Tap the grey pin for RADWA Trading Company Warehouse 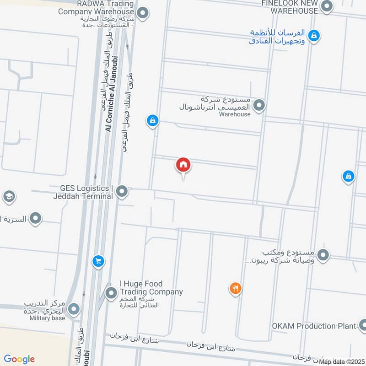pyautogui.click(x=143, y=13)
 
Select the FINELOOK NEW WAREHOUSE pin pyautogui.click(x=327, y=6)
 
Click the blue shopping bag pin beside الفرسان pyautogui.click(x=314, y=35)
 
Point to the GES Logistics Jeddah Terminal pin pyautogui.click(x=122, y=191)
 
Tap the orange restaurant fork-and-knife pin pyautogui.click(x=235, y=288)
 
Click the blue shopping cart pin pyautogui.click(x=98, y=261)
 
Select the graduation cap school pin pyautogui.click(x=9, y=197)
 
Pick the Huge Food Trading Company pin pyautogui.click(x=111, y=293)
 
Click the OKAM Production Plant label pyautogui.click(x=314, y=326)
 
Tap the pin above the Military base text pyautogui.click(x=74, y=310)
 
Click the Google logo pyautogui.click(x=19, y=359)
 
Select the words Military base pyautogui.click(x=48, y=318)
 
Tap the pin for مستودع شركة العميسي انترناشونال pyautogui.click(x=259, y=106)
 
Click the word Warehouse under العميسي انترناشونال pyautogui.click(x=235, y=114)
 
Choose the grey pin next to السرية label pyautogui.click(x=35, y=218)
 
